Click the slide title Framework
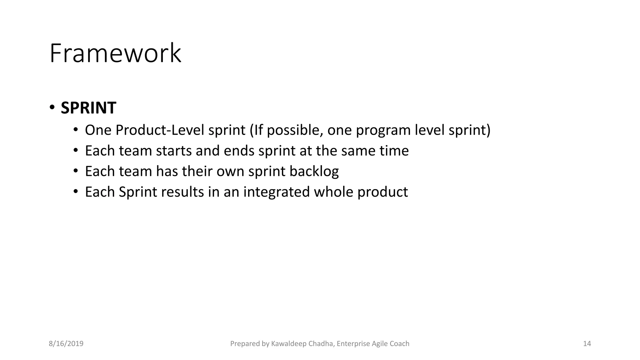(115, 53)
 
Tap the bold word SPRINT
(88, 108)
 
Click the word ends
(239, 151)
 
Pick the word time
(394, 151)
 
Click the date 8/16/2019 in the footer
(66, 344)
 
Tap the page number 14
(587, 344)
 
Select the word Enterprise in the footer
(353, 344)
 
